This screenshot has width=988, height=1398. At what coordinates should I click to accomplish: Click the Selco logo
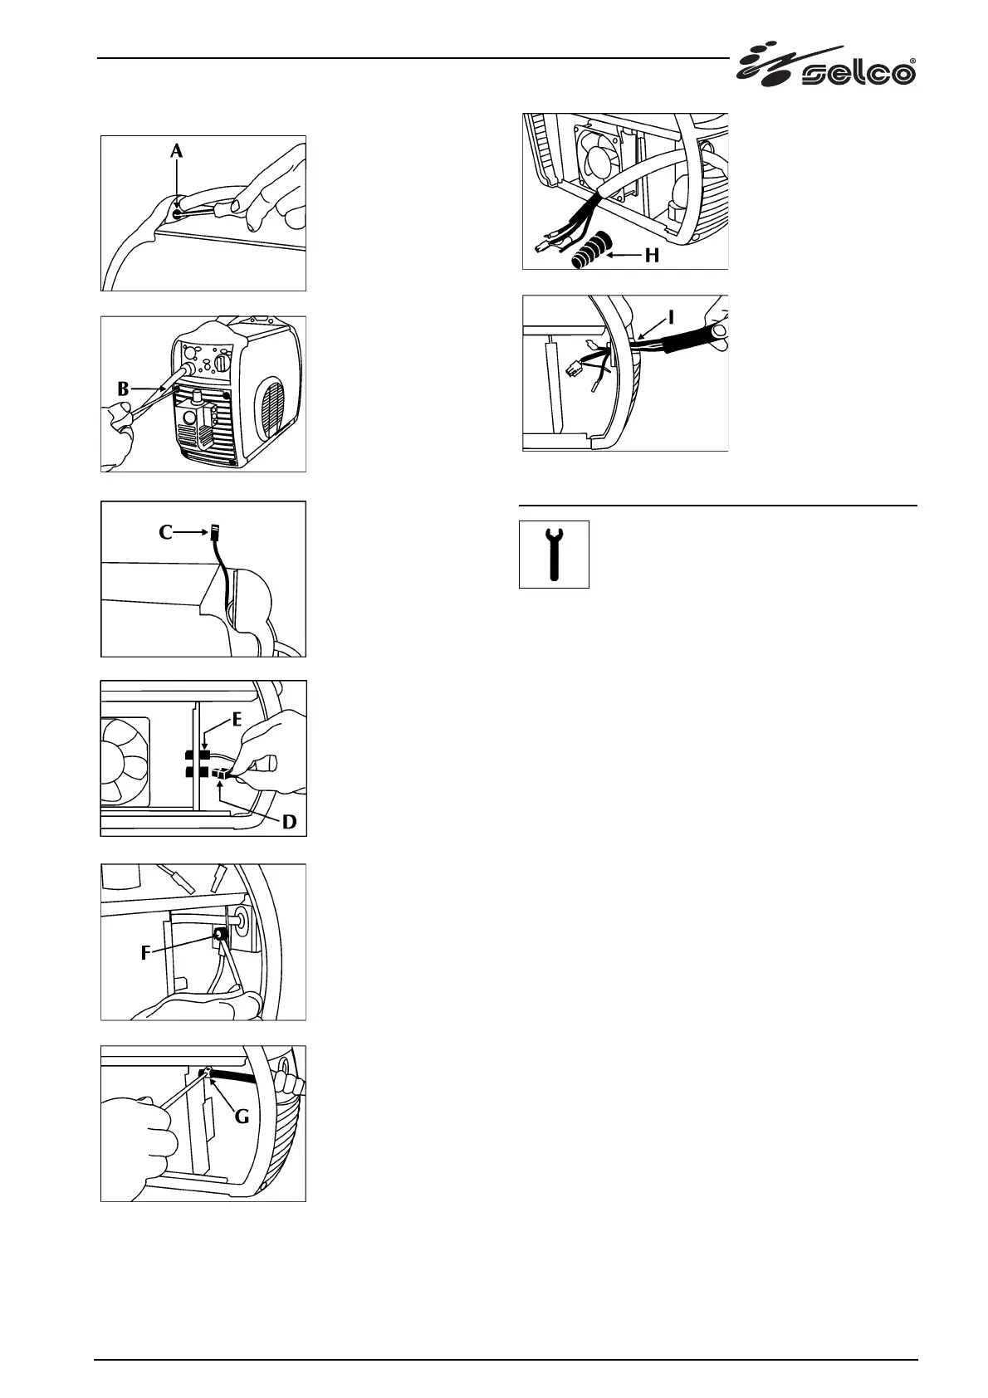pyautogui.click(x=826, y=66)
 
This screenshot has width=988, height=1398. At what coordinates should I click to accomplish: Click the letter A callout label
pyautogui.click(x=176, y=150)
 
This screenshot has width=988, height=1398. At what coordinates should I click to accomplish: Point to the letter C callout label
pyautogui.click(x=166, y=532)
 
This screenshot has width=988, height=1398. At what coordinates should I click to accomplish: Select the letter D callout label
pyautogui.click(x=289, y=822)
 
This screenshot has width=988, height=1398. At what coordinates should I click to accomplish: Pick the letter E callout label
pyautogui.click(x=237, y=719)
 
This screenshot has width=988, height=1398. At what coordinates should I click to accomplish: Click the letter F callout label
pyautogui.click(x=146, y=953)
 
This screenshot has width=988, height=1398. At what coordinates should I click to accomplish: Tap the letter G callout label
pyautogui.click(x=242, y=1117)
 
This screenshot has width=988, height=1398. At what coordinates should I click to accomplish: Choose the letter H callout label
pyautogui.click(x=652, y=256)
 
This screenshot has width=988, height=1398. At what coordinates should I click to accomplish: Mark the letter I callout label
pyautogui.click(x=672, y=316)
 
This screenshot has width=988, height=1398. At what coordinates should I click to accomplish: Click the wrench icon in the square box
pyautogui.click(x=554, y=555)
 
